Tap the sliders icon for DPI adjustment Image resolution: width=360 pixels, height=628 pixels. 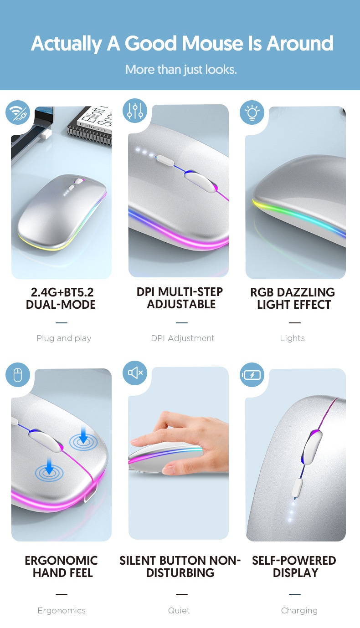click(135, 111)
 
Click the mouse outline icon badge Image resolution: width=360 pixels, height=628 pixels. click(18, 375)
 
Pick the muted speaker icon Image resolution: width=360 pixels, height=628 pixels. click(135, 373)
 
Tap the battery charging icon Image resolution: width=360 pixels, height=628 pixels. click(252, 375)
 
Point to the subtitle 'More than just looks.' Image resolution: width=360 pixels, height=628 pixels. click(181, 70)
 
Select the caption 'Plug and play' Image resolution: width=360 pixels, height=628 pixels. click(64, 338)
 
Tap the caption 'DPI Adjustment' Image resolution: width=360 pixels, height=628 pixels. click(182, 338)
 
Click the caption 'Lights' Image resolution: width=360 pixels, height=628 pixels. click(292, 338)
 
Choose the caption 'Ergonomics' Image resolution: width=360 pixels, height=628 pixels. click(62, 610)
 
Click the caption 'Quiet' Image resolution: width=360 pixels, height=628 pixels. click(179, 610)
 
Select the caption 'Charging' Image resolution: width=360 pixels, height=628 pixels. click(299, 610)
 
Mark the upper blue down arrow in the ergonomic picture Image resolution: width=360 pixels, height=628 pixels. click(83, 437)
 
